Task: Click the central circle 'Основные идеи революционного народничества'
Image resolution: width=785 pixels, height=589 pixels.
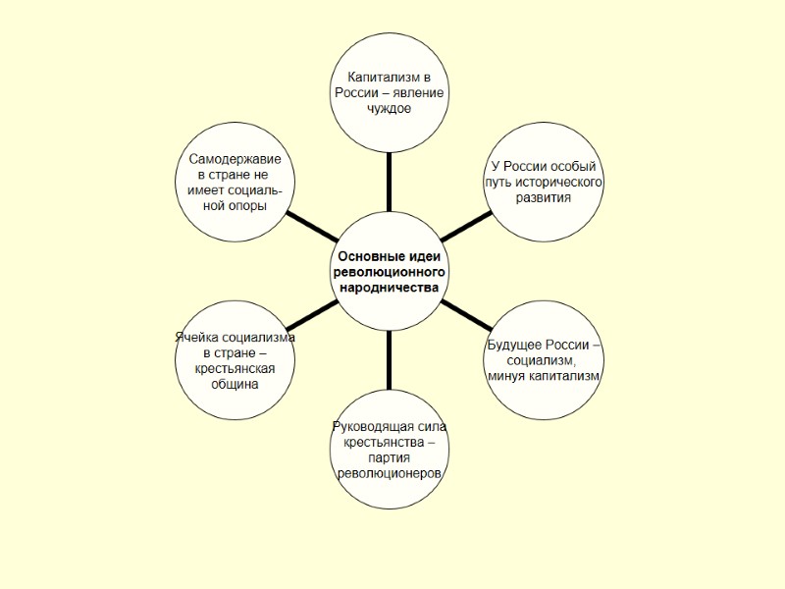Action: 390,271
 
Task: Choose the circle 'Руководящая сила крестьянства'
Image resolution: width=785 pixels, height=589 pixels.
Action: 389,451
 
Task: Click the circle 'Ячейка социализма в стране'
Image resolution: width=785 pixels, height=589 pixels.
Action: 235,359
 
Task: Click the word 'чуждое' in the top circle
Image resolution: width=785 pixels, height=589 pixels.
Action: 389,108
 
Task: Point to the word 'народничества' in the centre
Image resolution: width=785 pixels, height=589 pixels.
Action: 390,288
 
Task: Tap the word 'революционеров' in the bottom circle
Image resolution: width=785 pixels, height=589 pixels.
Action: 389,474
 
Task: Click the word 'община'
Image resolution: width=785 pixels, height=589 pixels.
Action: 235,384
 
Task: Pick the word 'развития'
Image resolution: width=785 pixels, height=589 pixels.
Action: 543,198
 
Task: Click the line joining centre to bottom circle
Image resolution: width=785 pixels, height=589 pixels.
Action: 389,361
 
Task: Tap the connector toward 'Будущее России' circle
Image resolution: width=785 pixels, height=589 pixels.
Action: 466,315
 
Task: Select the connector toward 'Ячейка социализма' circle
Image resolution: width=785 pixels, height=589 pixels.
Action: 314,315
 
